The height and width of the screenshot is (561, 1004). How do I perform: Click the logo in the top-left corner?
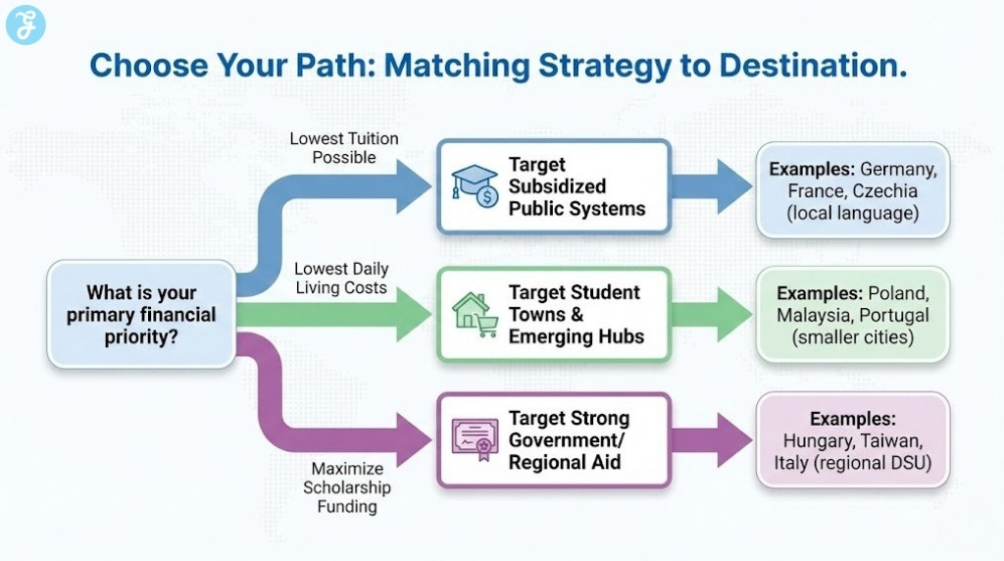(25, 25)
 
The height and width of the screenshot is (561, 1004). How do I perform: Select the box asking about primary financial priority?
(141, 314)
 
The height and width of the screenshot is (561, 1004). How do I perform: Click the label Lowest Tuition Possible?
(344, 148)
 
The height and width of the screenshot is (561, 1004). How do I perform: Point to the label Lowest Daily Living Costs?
(341, 278)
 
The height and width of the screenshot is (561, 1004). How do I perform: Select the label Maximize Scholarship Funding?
(346, 487)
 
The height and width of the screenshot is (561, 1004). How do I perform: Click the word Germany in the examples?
(898, 169)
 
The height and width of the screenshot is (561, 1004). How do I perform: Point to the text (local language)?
(852, 212)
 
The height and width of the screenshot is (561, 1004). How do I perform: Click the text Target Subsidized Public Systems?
(577, 186)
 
